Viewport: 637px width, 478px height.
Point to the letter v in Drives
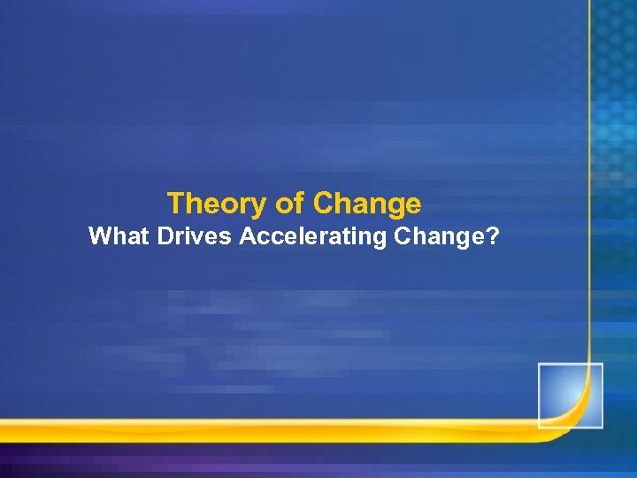tap(196, 238)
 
